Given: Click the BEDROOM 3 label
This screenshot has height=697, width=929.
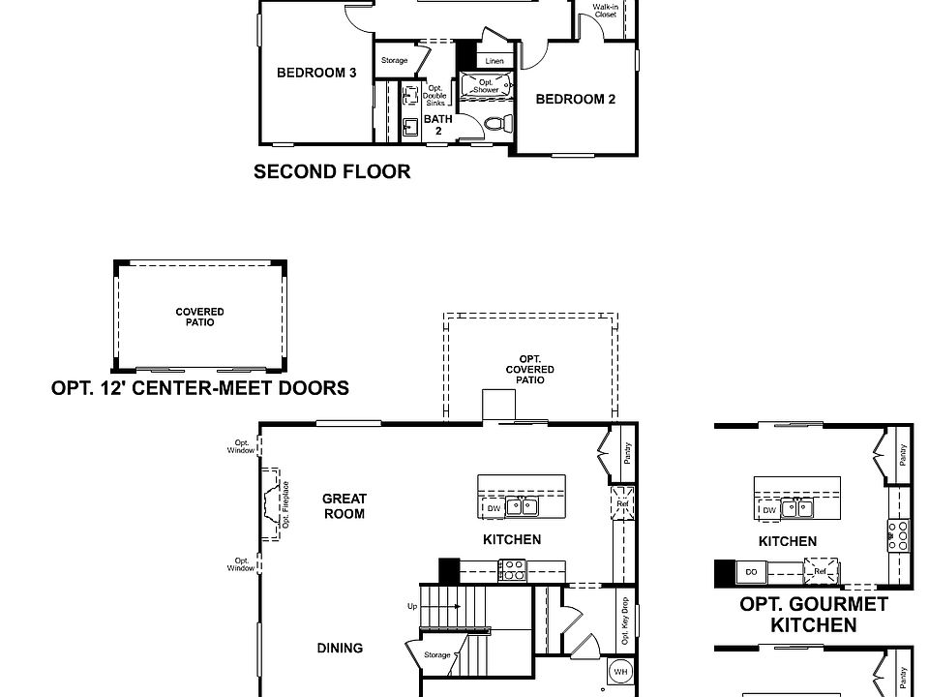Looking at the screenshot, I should coord(316,73).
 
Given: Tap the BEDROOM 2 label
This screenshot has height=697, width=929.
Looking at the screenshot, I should coord(576,99).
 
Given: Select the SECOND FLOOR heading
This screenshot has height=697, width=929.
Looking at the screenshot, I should coord(332,172).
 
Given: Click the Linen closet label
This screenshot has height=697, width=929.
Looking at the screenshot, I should coord(494,61).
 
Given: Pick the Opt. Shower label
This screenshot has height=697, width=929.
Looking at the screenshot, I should coord(486,86).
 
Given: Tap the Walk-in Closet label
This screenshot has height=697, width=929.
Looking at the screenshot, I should coord(605,11).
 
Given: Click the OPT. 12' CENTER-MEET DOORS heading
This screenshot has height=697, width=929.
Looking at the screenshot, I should coord(200,388).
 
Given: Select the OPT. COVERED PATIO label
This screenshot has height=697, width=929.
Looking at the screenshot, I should coord(530,370).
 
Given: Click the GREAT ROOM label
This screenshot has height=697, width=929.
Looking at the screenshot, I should coord(345,506).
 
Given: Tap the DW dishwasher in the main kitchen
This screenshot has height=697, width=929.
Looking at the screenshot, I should coord(494,508).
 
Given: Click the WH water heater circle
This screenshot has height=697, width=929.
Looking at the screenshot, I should coord(620,671).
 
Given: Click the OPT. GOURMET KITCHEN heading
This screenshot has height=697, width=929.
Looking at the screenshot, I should coord(813,615).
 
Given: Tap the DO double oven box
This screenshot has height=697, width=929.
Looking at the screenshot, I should coord(752,573).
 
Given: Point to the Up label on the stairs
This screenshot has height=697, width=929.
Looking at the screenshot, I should coord(412,606).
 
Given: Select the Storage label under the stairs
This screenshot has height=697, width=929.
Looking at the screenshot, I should coord(437,655).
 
